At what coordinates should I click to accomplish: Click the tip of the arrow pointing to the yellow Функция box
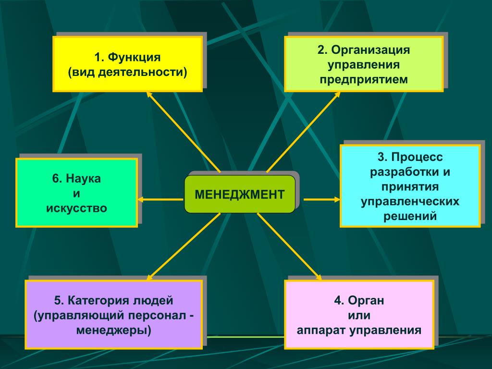(x=147, y=92)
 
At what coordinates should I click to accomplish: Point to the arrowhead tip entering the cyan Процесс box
(x=340, y=199)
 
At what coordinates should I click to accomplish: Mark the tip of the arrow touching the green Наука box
(x=137, y=199)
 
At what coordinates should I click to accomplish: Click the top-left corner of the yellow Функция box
(x=53, y=37)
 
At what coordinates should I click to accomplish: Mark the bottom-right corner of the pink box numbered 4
(x=434, y=349)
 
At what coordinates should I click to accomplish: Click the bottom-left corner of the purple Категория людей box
(x=25, y=349)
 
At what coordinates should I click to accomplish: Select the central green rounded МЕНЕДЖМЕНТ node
(x=240, y=194)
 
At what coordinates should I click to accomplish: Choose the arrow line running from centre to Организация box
(x=304, y=132)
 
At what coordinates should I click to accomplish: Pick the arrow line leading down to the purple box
(x=184, y=246)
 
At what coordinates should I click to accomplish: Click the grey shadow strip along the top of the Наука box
(x=81, y=156)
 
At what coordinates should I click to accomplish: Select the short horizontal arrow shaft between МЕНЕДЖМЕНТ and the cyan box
(x=322, y=199)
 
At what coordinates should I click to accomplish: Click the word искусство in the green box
(x=76, y=209)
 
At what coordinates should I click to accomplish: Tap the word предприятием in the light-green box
(x=364, y=79)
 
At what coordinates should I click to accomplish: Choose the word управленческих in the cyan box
(x=410, y=201)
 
